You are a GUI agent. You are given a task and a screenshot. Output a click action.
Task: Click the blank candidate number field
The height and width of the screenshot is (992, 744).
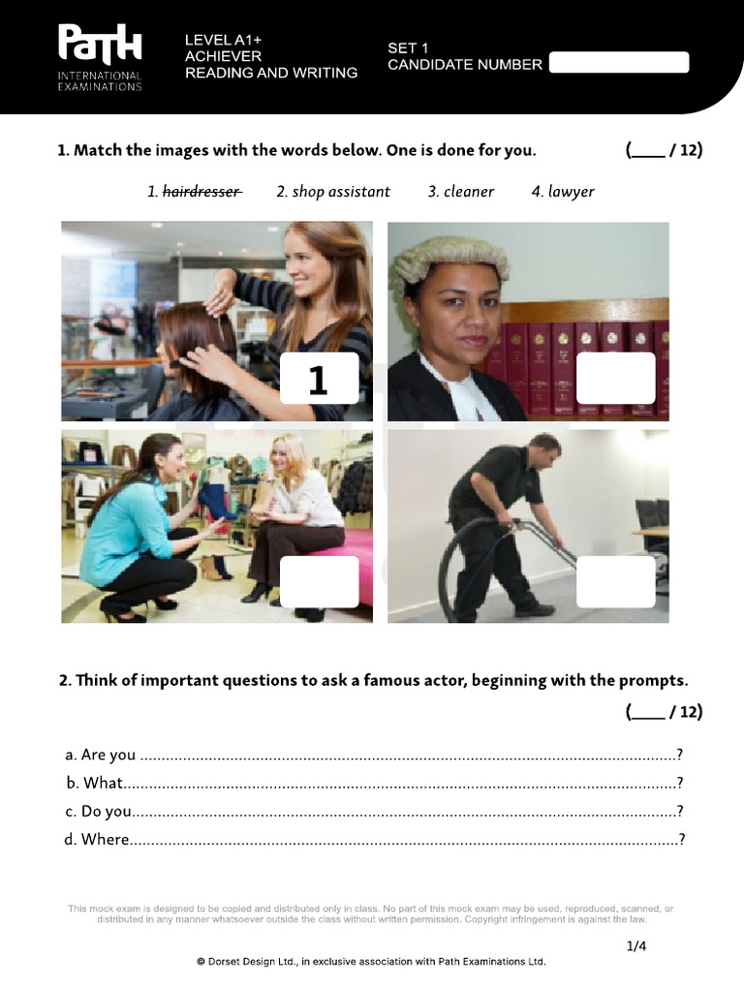pyautogui.click(x=618, y=63)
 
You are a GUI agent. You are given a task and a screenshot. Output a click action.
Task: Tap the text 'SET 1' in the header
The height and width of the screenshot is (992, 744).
pyautogui.click(x=408, y=46)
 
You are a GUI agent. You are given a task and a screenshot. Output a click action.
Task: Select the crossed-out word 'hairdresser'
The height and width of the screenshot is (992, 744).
pyautogui.click(x=201, y=192)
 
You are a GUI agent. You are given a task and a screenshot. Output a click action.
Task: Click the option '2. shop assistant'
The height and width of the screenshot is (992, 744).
pyautogui.click(x=333, y=192)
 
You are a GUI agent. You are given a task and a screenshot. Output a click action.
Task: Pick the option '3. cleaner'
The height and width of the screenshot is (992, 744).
pyautogui.click(x=461, y=192)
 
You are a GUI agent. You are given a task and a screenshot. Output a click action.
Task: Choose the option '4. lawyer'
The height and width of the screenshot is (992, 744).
pyautogui.click(x=563, y=192)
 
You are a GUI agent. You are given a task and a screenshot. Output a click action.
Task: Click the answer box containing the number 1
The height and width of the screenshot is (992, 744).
pyautogui.click(x=319, y=379)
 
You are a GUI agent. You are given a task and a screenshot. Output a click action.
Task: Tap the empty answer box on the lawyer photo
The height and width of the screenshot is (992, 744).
pyautogui.click(x=615, y=379)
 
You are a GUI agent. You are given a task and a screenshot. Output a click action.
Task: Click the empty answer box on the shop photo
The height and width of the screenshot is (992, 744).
pyautogui.click(x=319, y=582)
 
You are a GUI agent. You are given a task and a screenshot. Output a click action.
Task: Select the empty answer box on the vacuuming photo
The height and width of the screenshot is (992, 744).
pyautogui.click(x=615, y=582)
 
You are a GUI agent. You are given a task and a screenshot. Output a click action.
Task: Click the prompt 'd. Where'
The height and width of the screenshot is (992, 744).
pyautogui.click(x=97, y=839)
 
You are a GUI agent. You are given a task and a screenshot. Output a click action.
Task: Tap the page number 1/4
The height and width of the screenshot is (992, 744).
pyautogui.click(x=635, y=945)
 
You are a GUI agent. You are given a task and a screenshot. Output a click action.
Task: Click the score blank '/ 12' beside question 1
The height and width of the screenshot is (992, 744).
pyautogui.click(x=665, y=150)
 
